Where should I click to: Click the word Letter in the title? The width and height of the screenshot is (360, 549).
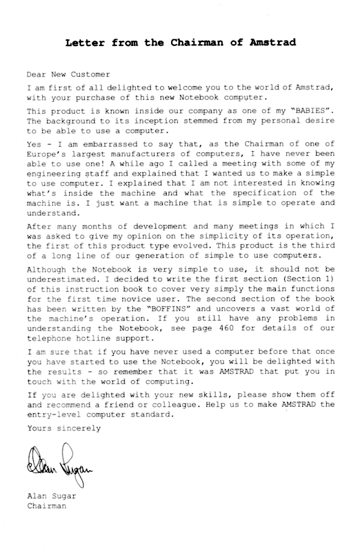(82, 42)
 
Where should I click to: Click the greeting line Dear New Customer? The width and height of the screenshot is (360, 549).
(69, 74)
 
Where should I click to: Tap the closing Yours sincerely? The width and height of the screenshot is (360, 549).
(64, 428)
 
